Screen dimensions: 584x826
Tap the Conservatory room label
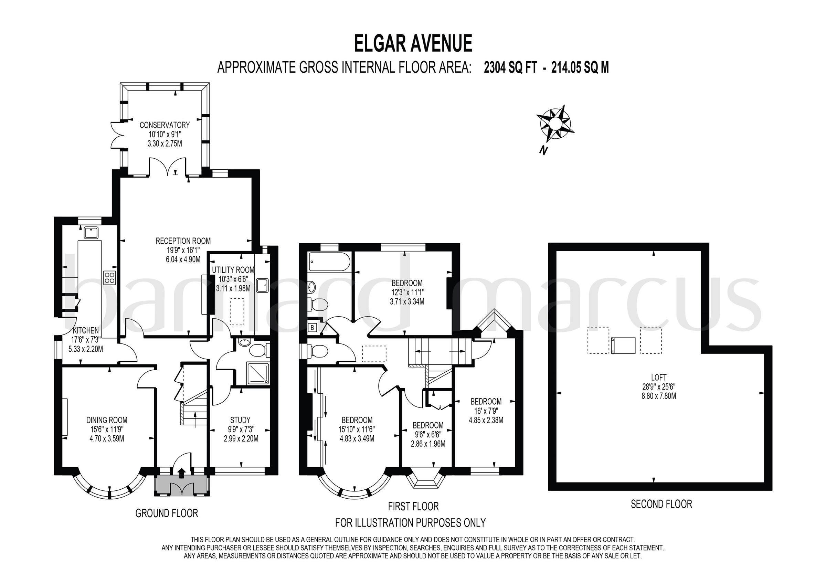pyautogui.click(x=165, y=125)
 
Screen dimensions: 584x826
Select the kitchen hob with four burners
pyautogui.click(x=110, y=277)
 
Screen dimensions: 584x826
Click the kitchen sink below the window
pyautogui.click(x=91, y=233)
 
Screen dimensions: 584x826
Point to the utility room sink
pyautogui.click(x=262, y=285)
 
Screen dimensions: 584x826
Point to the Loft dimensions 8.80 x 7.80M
pyautogui.click(x=658, y=396)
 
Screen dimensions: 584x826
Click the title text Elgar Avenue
pyautogui.click(x=413, y=44)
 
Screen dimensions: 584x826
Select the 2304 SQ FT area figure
pyautogui.click(x=510, y=68)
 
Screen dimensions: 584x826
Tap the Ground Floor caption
pyautogui.click(x=167, y=513)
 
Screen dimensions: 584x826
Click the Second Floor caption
pyautogui.click(x=661, y=504)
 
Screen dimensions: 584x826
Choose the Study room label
pyautogui.click(x=240, y=420)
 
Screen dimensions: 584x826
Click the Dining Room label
pyautogui.click(x=107, y=420)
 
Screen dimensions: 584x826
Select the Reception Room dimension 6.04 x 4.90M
pyautogui.click(x=183, y=259)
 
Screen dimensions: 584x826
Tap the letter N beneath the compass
pyautogui.click(x=543, y=150)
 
